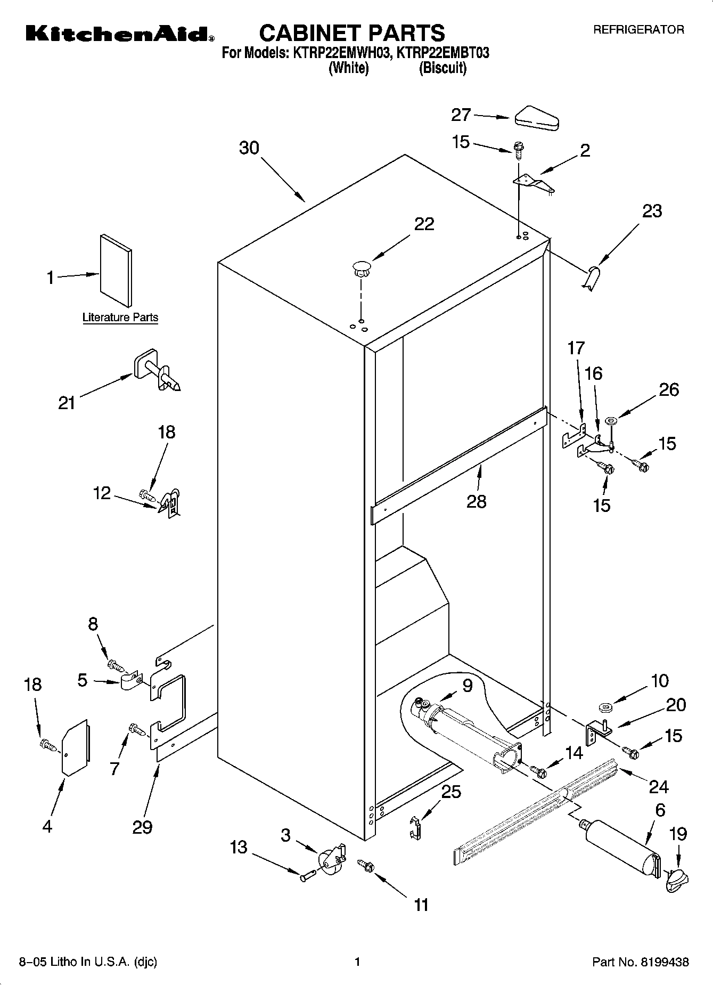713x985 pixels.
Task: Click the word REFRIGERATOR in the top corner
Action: click(638, 30)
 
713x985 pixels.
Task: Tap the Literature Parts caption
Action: click(120, 318)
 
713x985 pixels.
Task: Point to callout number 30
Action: click(249, 148)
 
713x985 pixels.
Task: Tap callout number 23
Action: click(652, 211)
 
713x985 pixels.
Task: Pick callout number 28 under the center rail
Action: click(476, 501)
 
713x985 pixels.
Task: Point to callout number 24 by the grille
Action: click(659, 786)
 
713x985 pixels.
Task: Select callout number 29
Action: click(142, 826)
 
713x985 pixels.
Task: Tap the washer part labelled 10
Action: click(605, 707)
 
